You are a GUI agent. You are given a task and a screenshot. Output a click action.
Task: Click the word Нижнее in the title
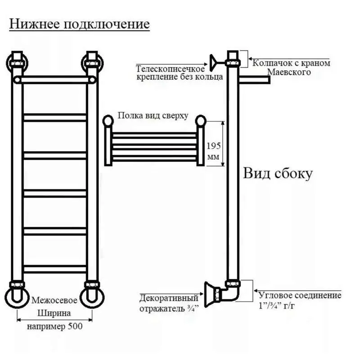[34, 24]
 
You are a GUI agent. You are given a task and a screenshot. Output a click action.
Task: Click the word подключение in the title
[107, 24]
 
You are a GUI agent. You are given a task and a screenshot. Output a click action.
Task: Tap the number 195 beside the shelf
[213, 146]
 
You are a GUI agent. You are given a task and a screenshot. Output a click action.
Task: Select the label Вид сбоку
[278, 173]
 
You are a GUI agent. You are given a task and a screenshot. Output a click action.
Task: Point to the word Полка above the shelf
[130, 115]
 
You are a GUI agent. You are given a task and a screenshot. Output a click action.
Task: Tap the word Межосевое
[54, 300]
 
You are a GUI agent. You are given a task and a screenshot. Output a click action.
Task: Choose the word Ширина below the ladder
[54, 313]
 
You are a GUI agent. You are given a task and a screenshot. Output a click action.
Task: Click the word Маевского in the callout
[289, 72]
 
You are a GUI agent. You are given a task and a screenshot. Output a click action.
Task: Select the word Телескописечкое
[170, 69]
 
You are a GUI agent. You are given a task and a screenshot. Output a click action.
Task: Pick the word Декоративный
[169, 298]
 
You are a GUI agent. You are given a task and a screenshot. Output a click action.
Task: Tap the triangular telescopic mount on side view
[213, 63]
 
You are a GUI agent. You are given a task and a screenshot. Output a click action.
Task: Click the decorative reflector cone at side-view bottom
[210, 294]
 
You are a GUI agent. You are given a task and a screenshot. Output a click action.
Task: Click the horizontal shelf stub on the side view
[254, 80]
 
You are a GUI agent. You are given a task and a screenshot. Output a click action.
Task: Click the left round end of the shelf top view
[108, 121]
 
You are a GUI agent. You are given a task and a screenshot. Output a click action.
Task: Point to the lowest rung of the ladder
[55, 269]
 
